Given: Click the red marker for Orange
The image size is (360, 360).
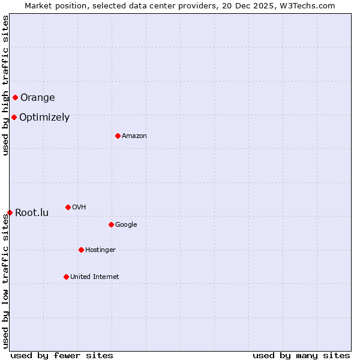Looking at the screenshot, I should pos(15,97).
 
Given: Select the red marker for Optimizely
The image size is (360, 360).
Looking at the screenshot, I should pos(14,117).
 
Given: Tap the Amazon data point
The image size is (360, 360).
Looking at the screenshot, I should pos(118,136).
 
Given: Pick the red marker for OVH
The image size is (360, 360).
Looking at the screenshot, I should pos(68,207).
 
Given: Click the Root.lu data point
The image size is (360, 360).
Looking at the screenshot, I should pos(10,212).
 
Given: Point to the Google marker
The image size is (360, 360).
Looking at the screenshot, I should pos(111,224).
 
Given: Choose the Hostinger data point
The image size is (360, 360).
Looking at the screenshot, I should pos(81,250).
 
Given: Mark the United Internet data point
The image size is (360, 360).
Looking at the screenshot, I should pos(66,277).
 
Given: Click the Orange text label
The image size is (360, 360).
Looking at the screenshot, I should pos(38,98).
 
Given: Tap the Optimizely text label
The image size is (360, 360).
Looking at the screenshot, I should pos(44,118).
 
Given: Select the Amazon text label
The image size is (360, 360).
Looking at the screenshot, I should pos(134,136).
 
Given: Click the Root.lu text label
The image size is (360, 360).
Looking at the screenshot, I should pos(32,213).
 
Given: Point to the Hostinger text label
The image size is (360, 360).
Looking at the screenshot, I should pos(100,250).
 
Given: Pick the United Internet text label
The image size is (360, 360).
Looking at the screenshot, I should pos(95,277).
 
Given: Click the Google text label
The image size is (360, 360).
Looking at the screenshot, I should pos(126,225).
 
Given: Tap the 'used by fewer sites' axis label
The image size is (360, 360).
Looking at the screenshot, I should pos(62,355).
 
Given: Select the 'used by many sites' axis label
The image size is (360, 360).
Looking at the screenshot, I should pos(301,355).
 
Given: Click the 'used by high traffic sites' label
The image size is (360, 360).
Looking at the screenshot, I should pos(5,85).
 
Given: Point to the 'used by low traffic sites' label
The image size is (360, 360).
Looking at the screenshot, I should pos(5,281).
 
